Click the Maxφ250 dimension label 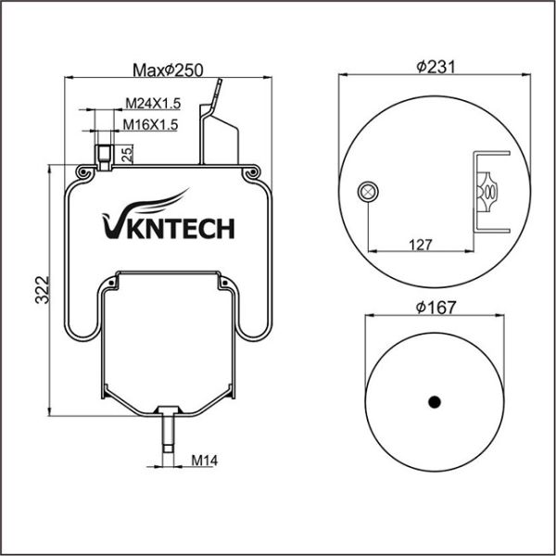pos(168,70)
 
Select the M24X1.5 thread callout pos(153,103)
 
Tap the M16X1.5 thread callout pos(150,124)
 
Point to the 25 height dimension pos(127,154)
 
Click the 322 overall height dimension pos(43,290)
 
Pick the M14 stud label pos(205,461)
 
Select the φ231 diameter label pos(436,67)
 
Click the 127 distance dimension pos(421,245)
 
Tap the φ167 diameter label pos(436,307)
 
